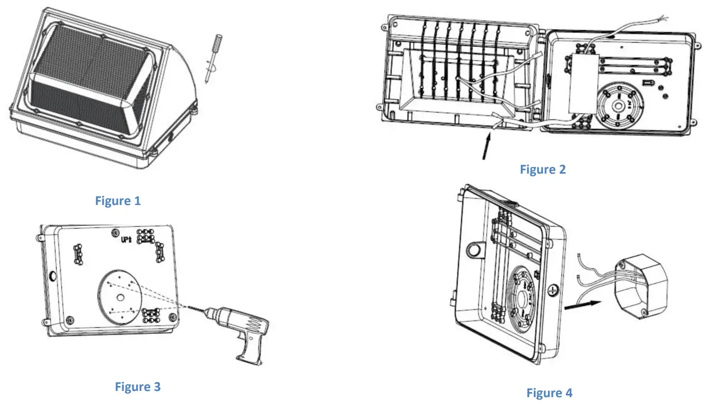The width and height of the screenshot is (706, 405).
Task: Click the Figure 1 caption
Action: point(118,201)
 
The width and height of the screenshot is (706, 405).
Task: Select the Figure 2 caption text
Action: point(542,169)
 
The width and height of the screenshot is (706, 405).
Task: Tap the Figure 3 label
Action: point(137,387)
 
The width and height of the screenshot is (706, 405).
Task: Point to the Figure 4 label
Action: point(549,393)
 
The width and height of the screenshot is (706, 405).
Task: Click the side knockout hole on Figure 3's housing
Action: point(52,276)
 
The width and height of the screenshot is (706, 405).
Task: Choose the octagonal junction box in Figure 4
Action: point(640,286)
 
